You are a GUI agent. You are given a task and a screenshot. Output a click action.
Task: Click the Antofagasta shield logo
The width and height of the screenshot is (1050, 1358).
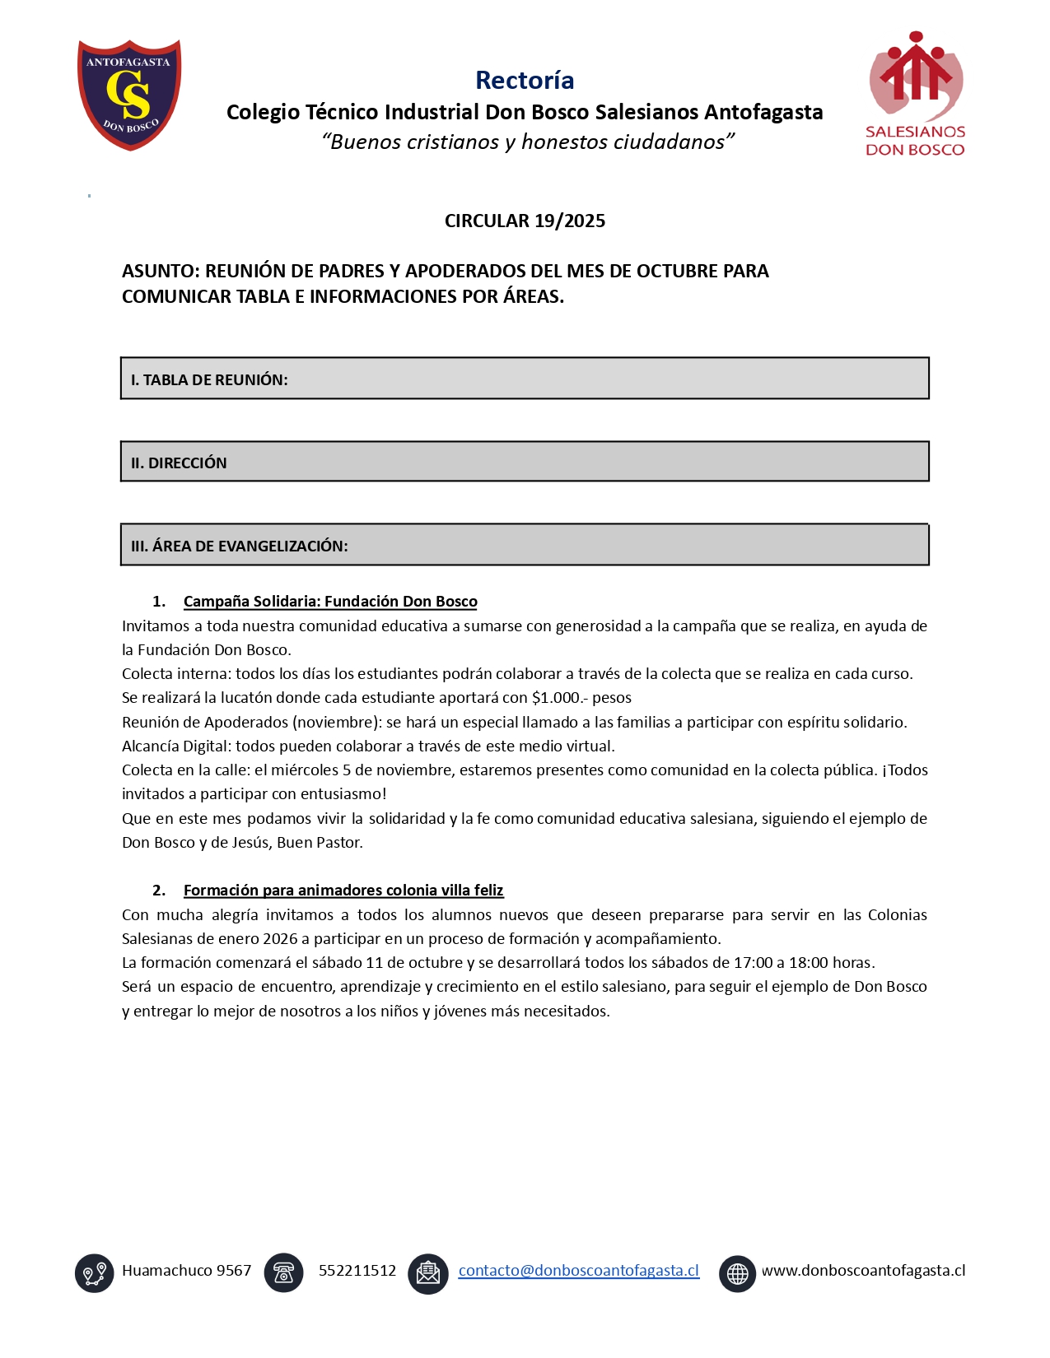tap(129, 95)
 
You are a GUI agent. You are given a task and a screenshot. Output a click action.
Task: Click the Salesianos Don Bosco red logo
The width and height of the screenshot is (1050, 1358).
tap(915, 93)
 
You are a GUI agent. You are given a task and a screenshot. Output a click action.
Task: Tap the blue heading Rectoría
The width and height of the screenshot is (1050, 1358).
tap(525, 80)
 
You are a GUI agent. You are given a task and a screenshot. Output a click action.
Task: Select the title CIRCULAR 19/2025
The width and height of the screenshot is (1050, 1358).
tap(525, 221)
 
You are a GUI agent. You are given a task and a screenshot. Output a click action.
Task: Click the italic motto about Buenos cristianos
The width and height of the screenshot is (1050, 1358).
tap(528, 142)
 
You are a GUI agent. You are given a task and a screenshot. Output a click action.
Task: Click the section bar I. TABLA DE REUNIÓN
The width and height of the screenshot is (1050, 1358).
tap(525, 379)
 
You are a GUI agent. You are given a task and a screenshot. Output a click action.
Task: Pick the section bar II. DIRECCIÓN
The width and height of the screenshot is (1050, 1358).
tap(525, 462)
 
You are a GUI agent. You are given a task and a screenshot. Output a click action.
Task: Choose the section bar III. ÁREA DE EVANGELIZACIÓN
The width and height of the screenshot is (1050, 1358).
tap(525, 545)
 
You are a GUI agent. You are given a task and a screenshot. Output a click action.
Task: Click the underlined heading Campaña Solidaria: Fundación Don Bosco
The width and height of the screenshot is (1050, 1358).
tap(330, 602)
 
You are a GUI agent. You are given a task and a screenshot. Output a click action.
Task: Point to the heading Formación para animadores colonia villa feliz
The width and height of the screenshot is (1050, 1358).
tap(343, 891)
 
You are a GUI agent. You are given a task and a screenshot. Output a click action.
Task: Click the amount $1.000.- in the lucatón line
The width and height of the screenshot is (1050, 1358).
tap(560, 698)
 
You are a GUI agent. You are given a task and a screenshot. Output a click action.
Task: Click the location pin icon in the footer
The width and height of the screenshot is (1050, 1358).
tap(95, 1273)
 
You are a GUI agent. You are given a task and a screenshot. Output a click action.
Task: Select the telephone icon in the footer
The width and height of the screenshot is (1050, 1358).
tap(284, 1273)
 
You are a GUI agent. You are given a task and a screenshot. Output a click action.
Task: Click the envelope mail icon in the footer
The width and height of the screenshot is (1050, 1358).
tap(428, 1273)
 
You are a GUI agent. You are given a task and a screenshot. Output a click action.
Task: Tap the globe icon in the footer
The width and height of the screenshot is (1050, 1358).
tap(737, 1273)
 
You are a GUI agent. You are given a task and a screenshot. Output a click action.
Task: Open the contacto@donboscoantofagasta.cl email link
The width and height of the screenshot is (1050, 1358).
tap(578, 1271)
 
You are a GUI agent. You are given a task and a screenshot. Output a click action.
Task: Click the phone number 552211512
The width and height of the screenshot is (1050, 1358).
tap(357, 1271)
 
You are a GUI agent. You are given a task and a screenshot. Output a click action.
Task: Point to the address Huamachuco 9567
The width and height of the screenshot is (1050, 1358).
tap(187, 1271)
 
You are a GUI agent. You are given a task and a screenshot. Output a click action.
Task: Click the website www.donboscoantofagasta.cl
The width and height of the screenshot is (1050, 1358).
tap(863, 1271)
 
